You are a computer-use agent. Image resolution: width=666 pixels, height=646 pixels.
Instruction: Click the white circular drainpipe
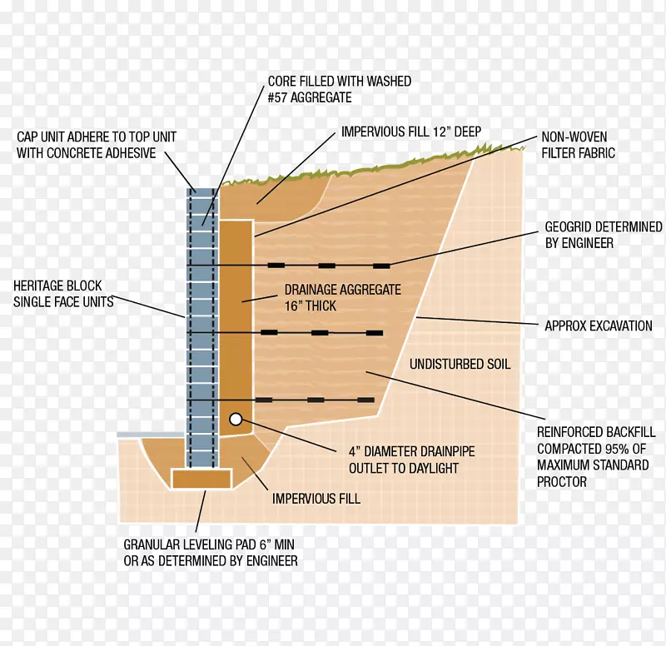pos(236,420)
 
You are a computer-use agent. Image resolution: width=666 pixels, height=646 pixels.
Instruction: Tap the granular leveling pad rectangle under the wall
pos(201,479)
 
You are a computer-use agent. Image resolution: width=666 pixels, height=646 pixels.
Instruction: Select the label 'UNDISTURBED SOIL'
pos(460,364)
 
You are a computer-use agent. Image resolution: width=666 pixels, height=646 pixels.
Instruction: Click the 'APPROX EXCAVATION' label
pos(599,325)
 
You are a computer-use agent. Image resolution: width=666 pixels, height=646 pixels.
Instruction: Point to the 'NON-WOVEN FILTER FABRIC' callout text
pos(578,145)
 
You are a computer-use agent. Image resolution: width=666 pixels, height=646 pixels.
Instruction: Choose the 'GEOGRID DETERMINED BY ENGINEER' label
pos(604,235)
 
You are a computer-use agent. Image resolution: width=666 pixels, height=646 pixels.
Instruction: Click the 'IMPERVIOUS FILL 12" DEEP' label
pos(411,132)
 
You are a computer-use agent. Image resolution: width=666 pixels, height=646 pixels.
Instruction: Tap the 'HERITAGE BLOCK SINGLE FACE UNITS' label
pos(64,294)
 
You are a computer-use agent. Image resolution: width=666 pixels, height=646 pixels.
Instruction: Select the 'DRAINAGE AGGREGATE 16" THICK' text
pos(343,298)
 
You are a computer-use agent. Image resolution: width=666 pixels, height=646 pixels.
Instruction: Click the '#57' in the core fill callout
pos(277,97)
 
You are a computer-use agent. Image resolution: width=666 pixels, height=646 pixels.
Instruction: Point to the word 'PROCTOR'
pos(562,482)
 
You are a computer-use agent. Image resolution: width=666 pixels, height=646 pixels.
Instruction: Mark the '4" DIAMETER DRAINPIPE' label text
pos(412,451)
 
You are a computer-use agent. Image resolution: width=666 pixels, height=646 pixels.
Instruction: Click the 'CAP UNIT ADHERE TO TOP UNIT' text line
pos(97,137)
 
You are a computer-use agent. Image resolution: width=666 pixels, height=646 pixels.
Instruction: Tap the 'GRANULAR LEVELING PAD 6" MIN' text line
pos(209,544)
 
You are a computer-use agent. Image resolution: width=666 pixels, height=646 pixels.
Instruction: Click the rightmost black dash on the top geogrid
pos(381,266)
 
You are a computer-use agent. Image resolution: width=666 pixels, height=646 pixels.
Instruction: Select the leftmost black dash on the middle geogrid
pos(269,332)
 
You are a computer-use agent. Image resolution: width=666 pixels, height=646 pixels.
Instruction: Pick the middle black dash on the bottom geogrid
pos(316,400)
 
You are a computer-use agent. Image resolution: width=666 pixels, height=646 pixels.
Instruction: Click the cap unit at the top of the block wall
pos(202,192)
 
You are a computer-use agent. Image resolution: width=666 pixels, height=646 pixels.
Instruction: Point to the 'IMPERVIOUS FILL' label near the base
pos(316,499)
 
